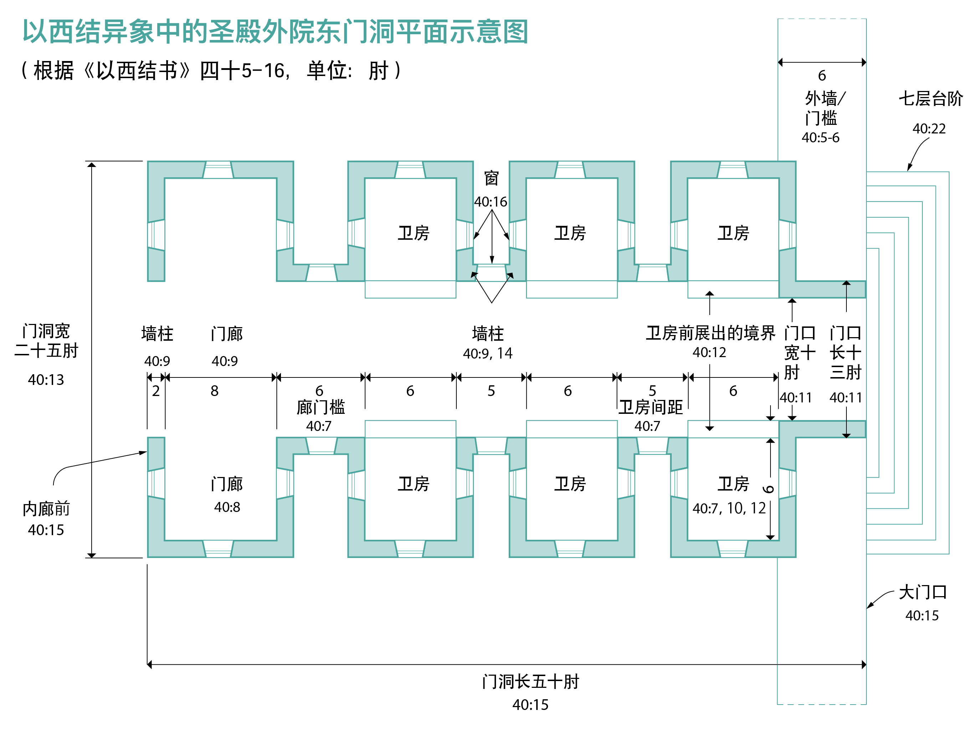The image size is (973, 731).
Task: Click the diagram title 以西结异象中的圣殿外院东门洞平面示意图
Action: coord(275,32)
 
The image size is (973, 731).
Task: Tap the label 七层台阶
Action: coord(930,98)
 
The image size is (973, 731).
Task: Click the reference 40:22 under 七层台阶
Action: coord(928,128)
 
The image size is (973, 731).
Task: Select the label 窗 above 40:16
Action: coord(491,178)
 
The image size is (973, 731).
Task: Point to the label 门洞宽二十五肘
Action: coord(46,341)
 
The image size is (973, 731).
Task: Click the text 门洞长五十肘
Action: coord(531,682)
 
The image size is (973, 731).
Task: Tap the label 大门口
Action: coord(922,592)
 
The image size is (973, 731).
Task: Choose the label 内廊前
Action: coord(46,509)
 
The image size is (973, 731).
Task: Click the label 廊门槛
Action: coord(321,407)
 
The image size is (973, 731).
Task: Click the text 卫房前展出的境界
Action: coord(710,333)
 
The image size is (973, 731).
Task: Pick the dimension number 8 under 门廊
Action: coord(214,391)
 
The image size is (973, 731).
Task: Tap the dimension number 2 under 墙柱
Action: coord(156,391)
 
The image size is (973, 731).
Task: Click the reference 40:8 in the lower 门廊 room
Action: coord(227,507)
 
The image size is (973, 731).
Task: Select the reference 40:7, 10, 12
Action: coord(729,508)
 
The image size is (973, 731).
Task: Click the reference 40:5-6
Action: coord(820,138)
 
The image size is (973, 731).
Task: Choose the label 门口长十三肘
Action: coord(845,352)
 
